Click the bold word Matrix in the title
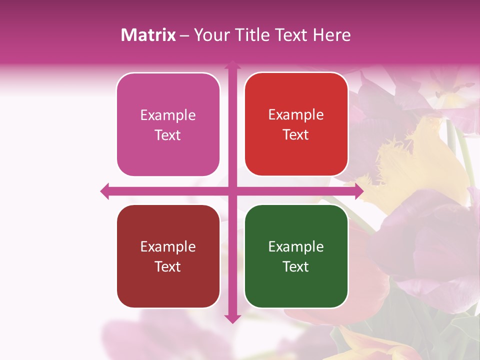[148, 35]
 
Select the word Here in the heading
[332, 35]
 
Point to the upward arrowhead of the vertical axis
[232, 65]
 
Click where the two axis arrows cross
[232, 191]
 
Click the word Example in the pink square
[168, 115]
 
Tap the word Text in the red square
[296, 135]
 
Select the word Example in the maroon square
[168, 247]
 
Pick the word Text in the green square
[296, 267]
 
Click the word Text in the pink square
[168, 135]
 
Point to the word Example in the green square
[296, 247]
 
